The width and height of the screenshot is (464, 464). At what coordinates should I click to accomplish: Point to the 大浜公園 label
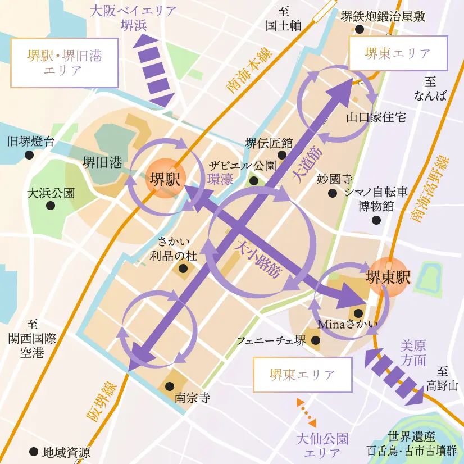(x=51, y=193)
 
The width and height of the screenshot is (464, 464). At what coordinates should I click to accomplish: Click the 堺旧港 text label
(x=102, y=163)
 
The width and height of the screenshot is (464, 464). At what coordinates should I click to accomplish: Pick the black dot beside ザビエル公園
(x=253, y=181)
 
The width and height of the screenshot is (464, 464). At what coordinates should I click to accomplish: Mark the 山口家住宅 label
(x=376, y=117)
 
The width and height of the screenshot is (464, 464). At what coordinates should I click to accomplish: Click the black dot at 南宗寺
(x=169, y=386)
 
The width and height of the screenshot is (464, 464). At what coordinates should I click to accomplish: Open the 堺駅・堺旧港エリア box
(x=65, y=63)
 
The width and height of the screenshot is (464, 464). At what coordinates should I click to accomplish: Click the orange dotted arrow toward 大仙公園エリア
(x=306, y=413)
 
